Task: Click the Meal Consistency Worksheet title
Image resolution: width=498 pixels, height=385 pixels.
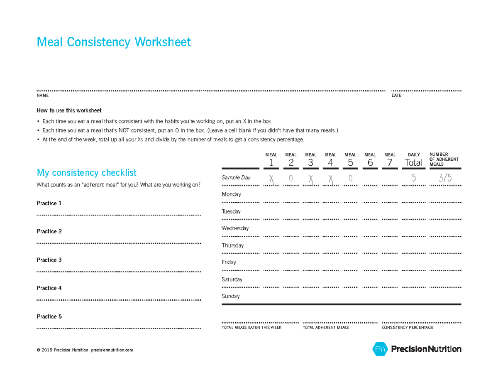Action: tap(114, 42)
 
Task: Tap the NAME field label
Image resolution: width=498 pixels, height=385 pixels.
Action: tap(42, 96)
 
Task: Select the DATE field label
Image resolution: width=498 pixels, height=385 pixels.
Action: tap(396, 96)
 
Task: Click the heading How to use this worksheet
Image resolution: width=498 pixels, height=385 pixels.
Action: tap(69, 111)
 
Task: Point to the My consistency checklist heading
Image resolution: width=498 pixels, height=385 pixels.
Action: tap(86, 172)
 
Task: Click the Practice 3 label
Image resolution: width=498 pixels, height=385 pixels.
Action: tap(49, 260)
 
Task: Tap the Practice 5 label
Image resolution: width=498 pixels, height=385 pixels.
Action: tap(49, 316)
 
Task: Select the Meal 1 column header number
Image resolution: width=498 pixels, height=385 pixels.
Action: tap(271, 163)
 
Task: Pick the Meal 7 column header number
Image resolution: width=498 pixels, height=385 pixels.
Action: tap(390, 163)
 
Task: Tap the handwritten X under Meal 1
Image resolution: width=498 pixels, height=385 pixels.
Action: tap(271, 179)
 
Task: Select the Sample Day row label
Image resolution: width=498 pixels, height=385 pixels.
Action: tap(236, 177)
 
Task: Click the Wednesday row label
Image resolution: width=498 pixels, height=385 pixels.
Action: tap(235, 228)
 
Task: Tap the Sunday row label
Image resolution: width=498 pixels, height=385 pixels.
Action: tap(230, 297)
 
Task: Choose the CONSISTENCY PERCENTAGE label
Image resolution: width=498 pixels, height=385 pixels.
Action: tap(407, 328)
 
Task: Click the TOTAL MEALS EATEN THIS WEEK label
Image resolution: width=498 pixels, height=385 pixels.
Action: tap(251, 328)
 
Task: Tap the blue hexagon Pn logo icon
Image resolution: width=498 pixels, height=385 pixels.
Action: tap(379, 349)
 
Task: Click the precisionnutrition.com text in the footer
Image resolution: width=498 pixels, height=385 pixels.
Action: tap(112, 350)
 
